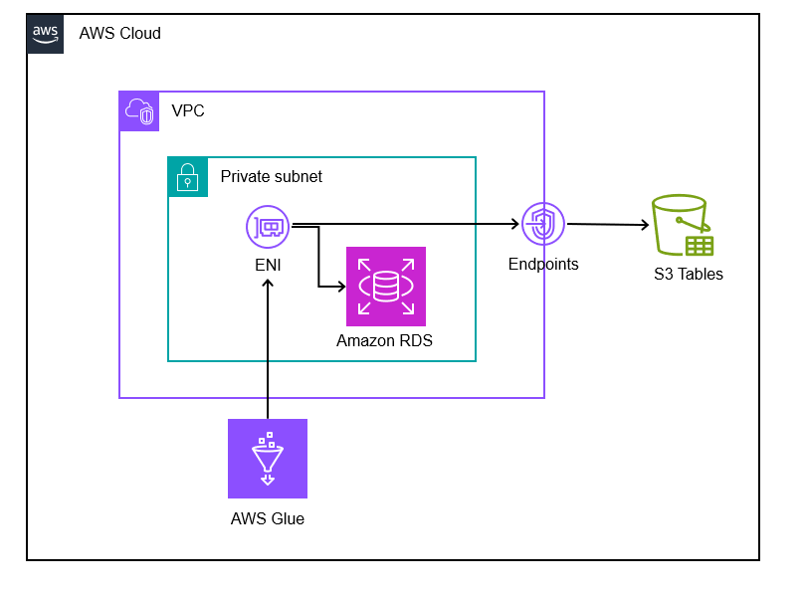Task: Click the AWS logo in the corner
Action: [45, 33]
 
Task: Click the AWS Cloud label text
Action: [119, 34]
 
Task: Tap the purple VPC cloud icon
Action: [139, 110]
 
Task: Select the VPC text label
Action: [188, 110]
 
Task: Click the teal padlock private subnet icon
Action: [187, 176]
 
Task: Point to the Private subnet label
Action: [271, 176]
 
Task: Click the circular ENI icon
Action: [267, 227]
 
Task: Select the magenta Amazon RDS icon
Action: [385, 287]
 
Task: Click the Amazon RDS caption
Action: [384, 340]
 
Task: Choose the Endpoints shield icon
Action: [542, 224]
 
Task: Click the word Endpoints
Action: [543, 265]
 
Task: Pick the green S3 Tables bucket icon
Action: [682, 227]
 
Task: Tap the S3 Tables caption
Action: [689, 275]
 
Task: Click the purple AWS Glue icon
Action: [267, 459]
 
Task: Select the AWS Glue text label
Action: [267, 518]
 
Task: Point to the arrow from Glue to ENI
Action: [267, 348]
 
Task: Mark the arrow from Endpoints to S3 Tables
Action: [607, 225]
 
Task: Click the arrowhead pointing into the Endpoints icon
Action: [514, 224]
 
